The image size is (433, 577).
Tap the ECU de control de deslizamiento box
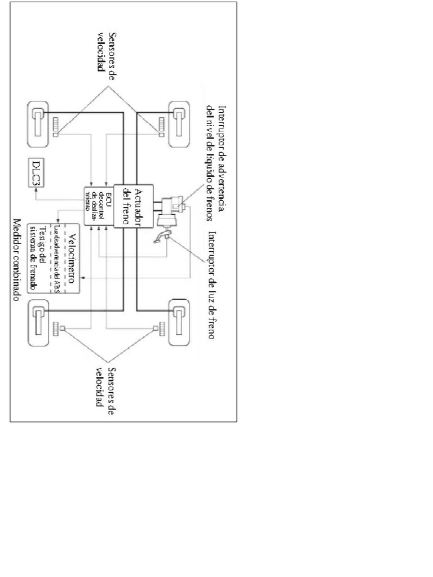98,204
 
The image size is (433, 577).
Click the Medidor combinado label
17,259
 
